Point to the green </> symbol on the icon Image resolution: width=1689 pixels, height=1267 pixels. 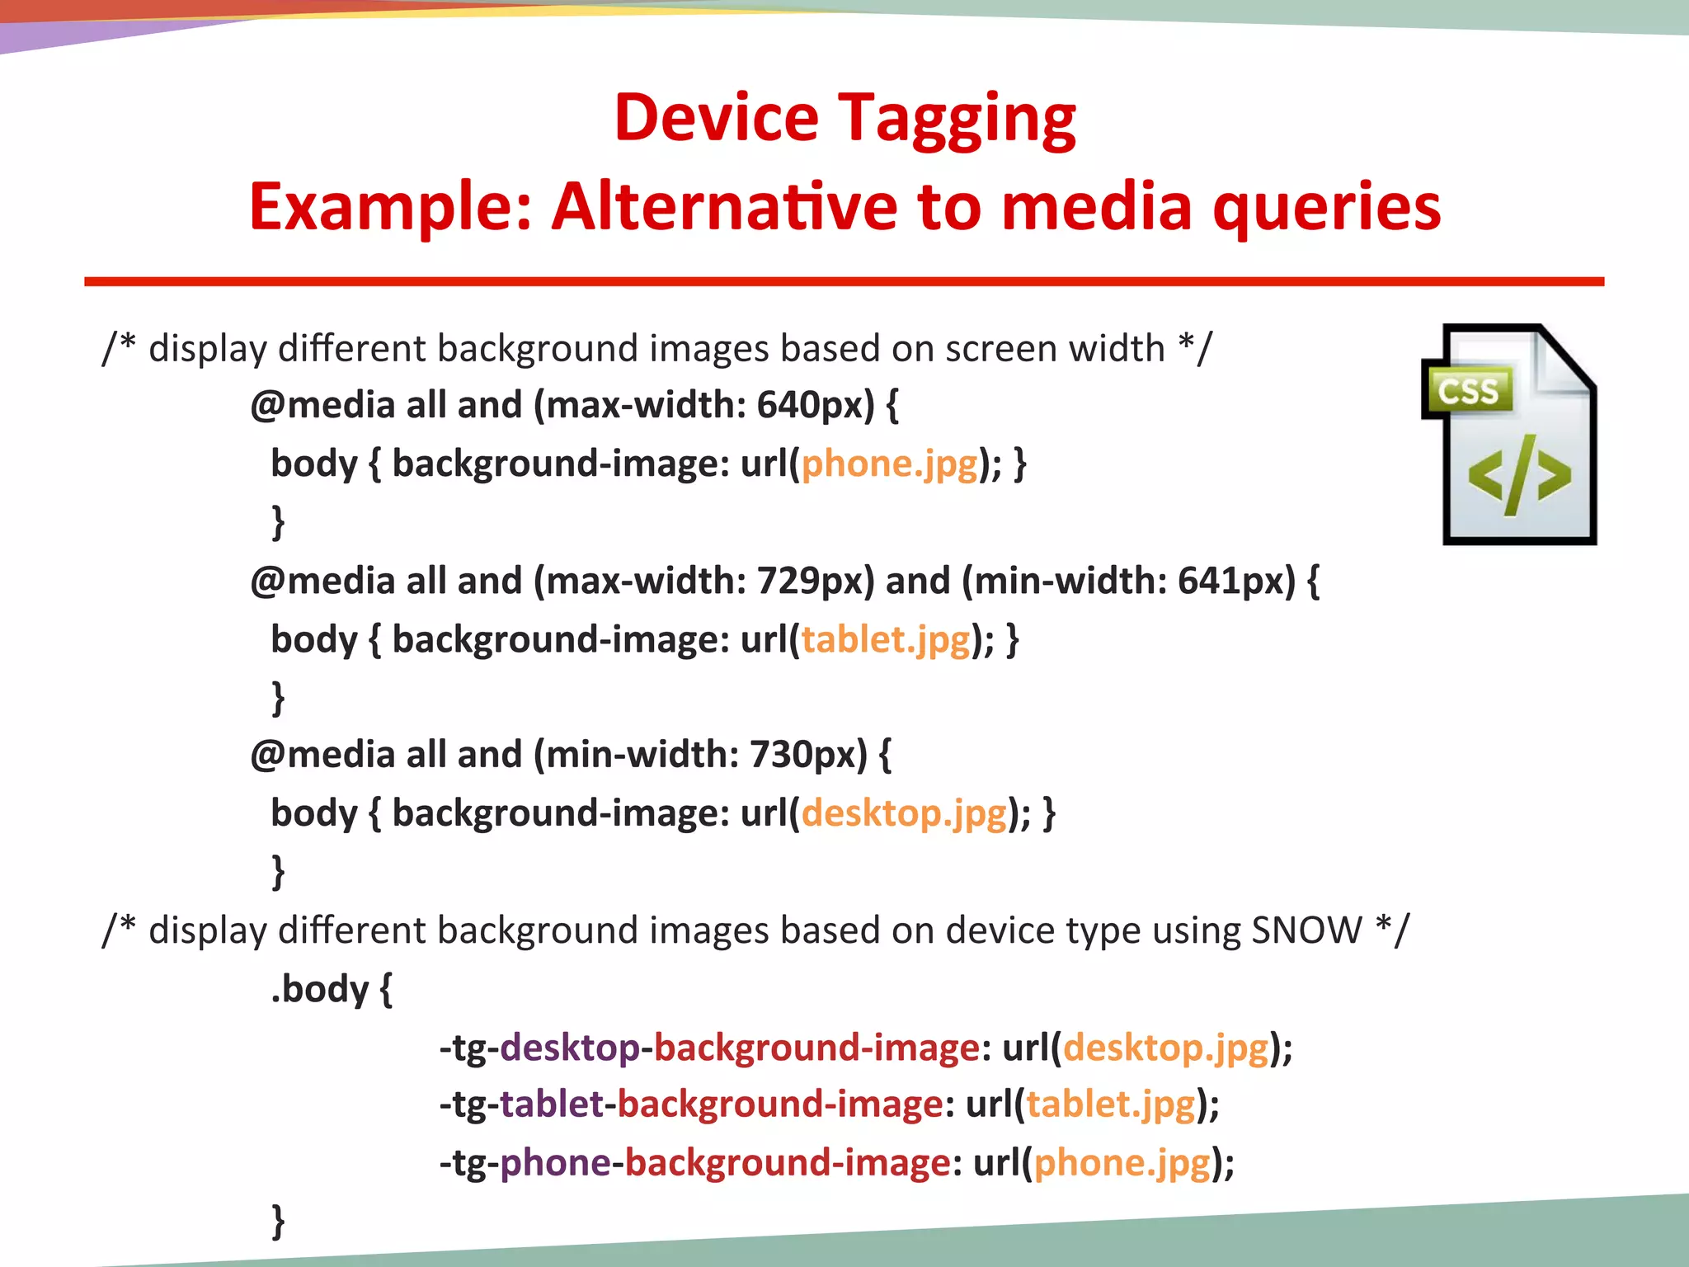click(1519, 476)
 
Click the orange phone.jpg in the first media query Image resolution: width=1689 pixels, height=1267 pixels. click(889, 464)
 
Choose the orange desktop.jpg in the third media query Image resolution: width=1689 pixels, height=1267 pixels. click(904, 814)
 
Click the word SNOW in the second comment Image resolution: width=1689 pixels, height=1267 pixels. click(1306, 931)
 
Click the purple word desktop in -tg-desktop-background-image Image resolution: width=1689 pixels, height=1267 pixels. click(570, 1048)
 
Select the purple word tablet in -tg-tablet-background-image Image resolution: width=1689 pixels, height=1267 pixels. click(552, 1105)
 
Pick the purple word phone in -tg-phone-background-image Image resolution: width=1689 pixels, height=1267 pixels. click(555, 1163)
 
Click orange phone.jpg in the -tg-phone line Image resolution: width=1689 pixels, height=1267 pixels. click(1122, 1163)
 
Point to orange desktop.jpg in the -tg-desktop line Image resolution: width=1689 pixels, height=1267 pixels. click(1165, 1048)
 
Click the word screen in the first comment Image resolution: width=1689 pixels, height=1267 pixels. click(1000, 349)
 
